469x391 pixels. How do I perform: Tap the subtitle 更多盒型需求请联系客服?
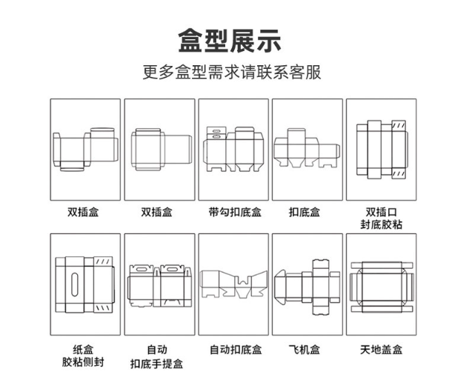[234, 73]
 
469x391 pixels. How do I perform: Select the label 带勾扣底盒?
[235, 213]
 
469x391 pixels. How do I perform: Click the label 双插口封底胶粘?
[381, 219]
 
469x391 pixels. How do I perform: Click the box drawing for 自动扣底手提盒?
[159, 285]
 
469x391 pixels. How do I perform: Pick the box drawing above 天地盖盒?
[381, 285]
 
